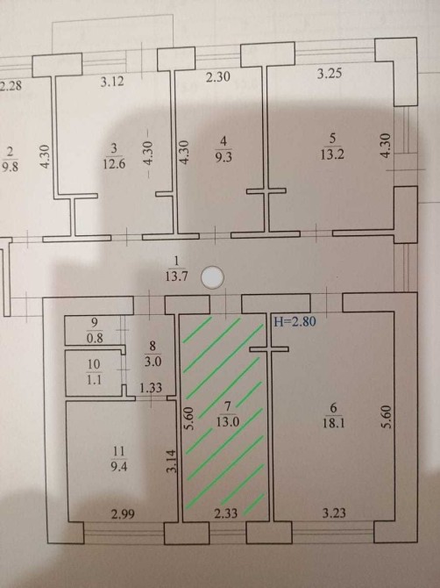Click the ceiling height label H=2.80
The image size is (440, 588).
295,321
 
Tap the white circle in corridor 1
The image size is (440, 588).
212,277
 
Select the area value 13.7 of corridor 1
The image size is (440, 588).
176,276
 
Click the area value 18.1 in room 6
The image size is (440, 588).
334,423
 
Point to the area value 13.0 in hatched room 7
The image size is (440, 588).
228,422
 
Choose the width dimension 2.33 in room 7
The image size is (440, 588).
226,513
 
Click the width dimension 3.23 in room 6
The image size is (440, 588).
334,513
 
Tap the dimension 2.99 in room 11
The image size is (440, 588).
124,513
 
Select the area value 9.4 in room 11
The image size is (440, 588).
118,467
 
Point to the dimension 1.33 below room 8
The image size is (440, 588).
151,387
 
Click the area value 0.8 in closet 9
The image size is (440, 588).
95,338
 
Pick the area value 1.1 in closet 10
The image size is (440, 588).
94,380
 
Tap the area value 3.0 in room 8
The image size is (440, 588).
153,362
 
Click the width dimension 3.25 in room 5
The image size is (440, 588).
330,73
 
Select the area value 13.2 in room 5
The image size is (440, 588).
332,154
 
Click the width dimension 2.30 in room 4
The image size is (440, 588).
218,77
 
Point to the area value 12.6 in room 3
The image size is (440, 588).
114,164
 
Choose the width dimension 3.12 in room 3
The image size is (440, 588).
112,81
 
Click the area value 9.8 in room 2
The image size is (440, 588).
11,166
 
